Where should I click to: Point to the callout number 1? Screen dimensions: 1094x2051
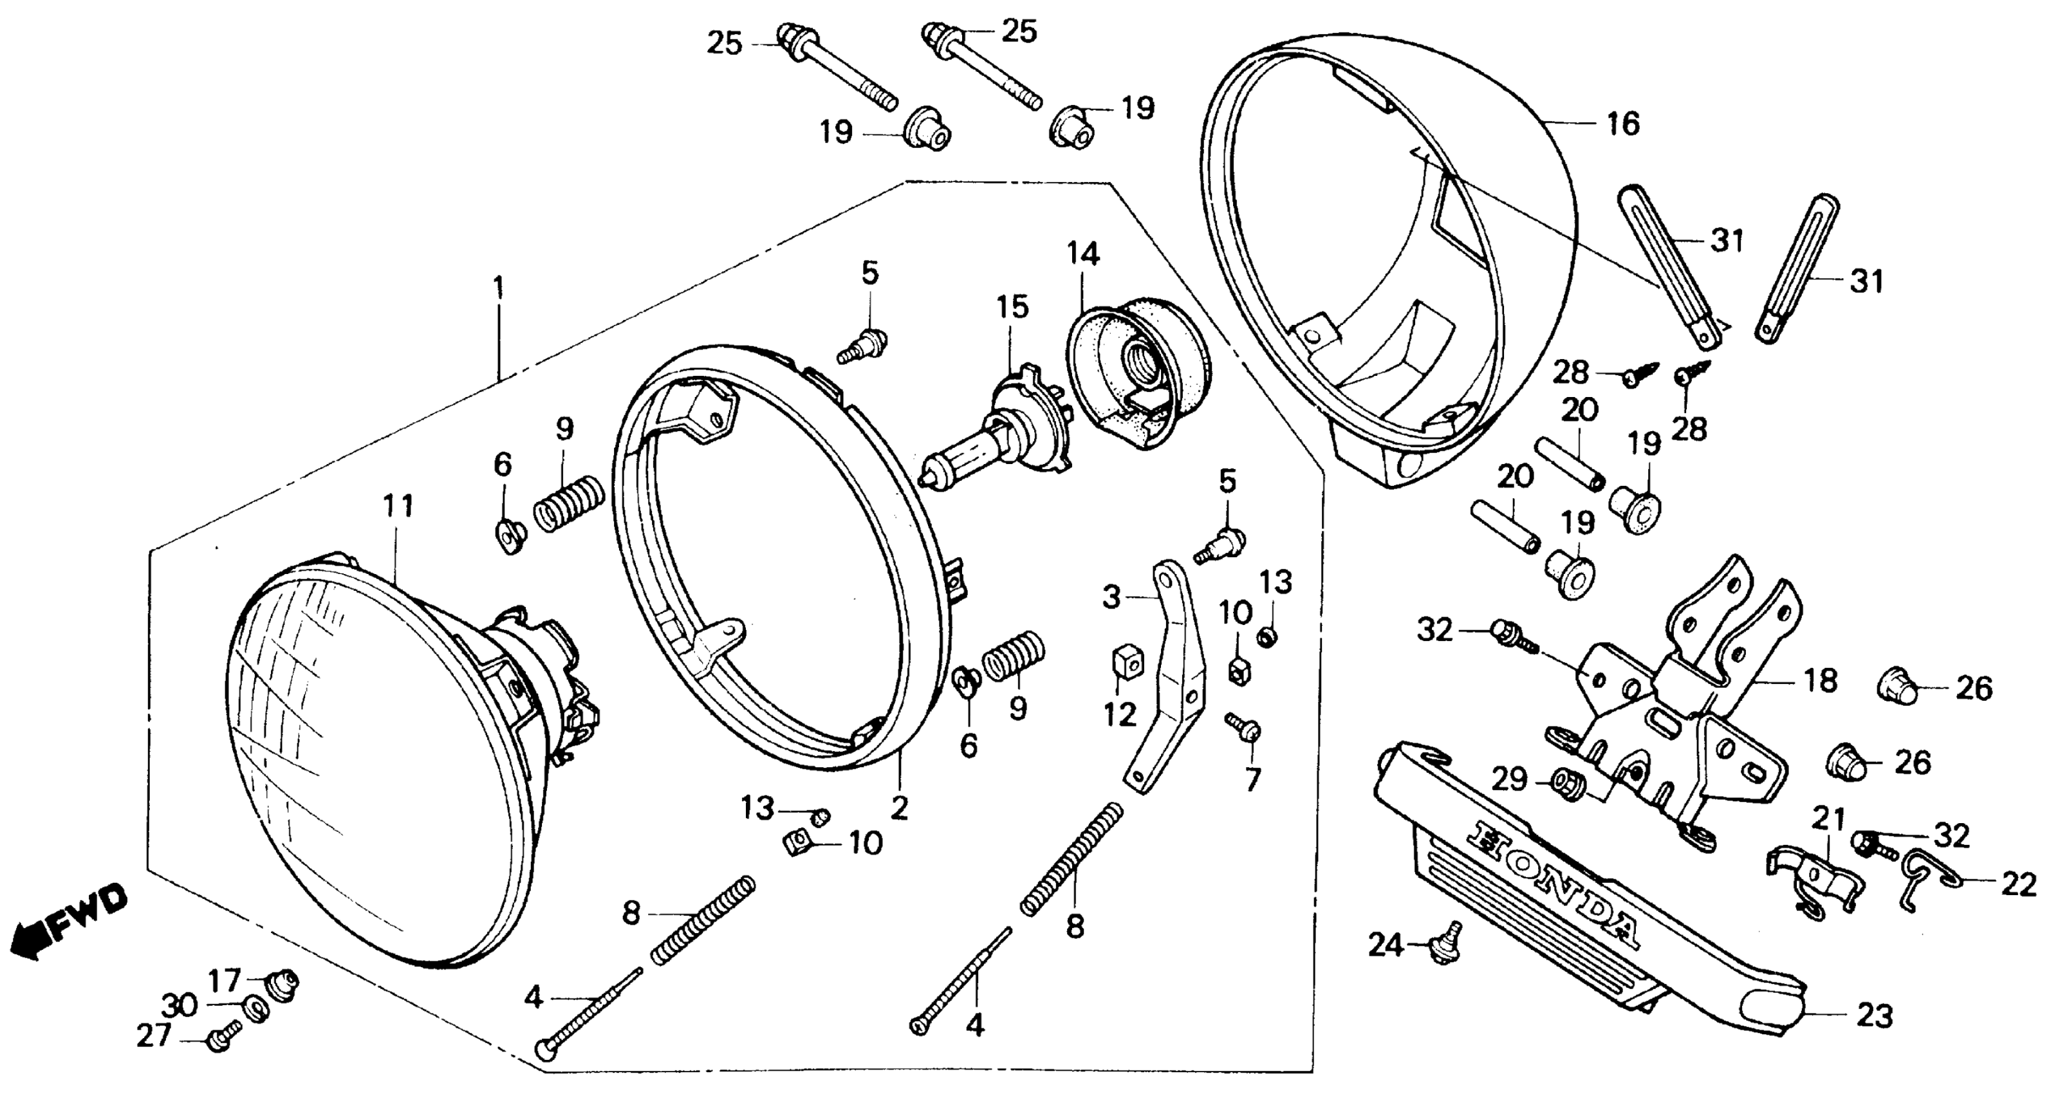pos(499,288)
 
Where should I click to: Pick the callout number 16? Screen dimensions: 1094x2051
pos(1622,124)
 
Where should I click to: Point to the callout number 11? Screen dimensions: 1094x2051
pos(398,506)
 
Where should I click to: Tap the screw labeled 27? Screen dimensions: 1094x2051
pos(221,1038)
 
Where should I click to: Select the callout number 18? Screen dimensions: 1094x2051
pos(1820,681)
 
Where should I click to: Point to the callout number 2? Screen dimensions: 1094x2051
pos(899,809)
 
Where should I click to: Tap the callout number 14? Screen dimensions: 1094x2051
pos(1083,254)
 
